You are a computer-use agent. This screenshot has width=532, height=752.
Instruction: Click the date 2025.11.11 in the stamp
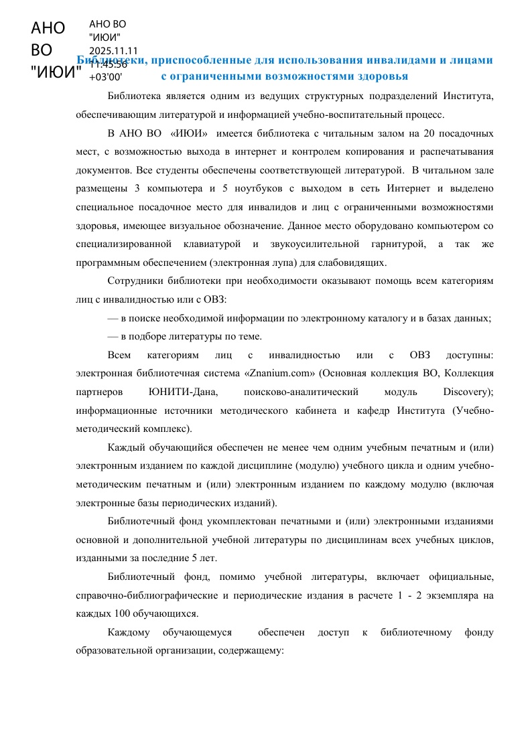[113, 50]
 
